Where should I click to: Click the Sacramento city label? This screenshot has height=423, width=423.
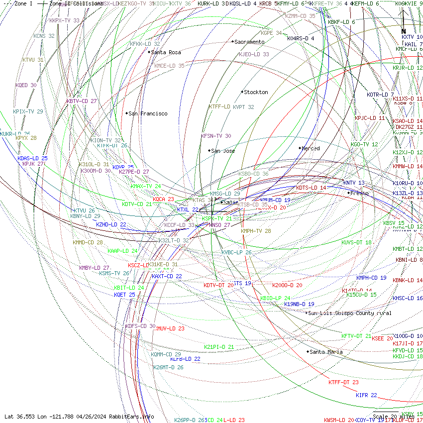[x=249, y=42]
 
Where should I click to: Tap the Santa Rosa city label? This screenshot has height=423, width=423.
[x=166, y=52]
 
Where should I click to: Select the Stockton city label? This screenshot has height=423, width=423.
[x=256, y=92]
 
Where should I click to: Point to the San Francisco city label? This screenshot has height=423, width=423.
[x=148, y=113]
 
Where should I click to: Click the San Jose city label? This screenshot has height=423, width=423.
[x=223, y=151]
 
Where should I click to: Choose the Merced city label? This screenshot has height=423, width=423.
[x=311, y=148]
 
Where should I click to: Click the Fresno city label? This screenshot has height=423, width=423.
[x=359, y=193]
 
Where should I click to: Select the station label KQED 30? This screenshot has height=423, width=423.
[x=26, y=85]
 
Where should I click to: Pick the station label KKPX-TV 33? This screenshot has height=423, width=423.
[x=64, y=20]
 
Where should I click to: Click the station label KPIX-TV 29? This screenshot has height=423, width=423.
[x=28, y=111]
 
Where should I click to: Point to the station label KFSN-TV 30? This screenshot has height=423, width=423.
[x=216, y=136]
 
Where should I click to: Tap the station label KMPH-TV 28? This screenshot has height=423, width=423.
[x=256, y=231]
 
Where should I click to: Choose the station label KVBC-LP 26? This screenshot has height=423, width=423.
[x=236, y=252]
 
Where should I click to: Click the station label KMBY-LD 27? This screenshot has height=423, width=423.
[x=94, y=268]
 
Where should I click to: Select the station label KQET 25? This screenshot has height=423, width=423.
[x=124, y=295]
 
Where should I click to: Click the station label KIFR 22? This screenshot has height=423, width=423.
[x=366, y=395]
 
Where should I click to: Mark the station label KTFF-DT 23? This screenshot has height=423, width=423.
[x=343, y=382]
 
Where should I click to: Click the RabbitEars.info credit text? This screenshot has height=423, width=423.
[x=131, y=417]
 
